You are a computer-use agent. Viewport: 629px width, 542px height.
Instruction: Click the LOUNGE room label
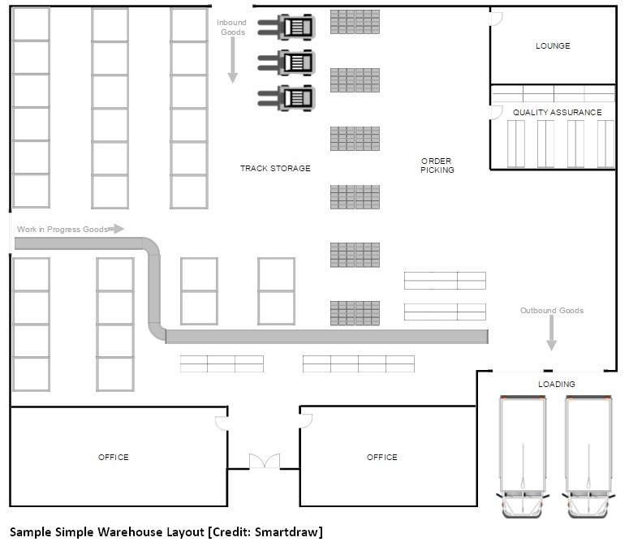pyautogui.click(x=553, y=46)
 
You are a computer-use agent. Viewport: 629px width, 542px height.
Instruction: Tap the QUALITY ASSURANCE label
pyautogui.click(x=557, y=112)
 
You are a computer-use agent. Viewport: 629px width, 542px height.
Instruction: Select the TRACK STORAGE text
pyautogui.click(x=275, y=169)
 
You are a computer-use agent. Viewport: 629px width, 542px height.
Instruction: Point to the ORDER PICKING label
pyautogui.click(x=437, y=166)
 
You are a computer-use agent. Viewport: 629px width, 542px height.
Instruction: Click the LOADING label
pyautogui.click(x=556, y=384)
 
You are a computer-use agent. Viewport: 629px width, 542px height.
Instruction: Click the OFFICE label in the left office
pyautogui.click(x=113, y=458)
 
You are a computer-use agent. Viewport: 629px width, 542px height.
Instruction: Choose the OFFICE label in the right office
pyautogui.click(x=381, y=458)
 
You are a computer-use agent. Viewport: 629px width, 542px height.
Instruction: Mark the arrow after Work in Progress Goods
pyautogui.click(x=117, y=229)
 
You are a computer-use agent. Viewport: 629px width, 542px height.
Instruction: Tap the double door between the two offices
pyautogui.click(x=264, y=461)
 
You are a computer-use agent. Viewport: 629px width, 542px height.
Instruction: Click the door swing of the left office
pyautogui.click(x=221, y=423)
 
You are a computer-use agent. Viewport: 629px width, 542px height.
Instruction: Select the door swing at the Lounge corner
pyautogui.click(x=497, y=19)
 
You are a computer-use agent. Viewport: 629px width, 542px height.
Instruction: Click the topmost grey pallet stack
pyautogui.click(x=355, y=22)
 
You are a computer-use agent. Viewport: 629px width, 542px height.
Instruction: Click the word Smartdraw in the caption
pyautogui.click(x=287, y=532)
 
